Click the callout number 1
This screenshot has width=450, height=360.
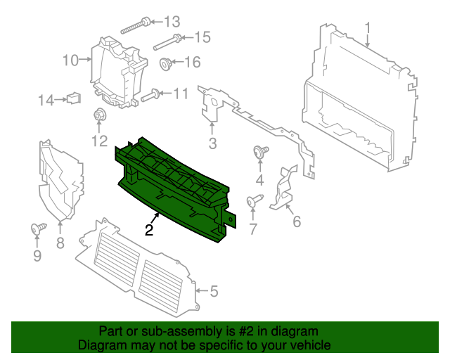pyautogui.click(x=367, y=27)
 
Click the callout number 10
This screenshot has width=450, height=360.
pyautogui.click(x=70, y=60)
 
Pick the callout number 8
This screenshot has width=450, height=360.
pyautogui.click(x=60, y=243)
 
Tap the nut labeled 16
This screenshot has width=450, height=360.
pyautogui.click(x=167, y=64)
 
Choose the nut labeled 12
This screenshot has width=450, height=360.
pyautogui.click(x=99, y=115)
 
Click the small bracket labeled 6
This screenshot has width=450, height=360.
pyautogui.click(x=283, y=187)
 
